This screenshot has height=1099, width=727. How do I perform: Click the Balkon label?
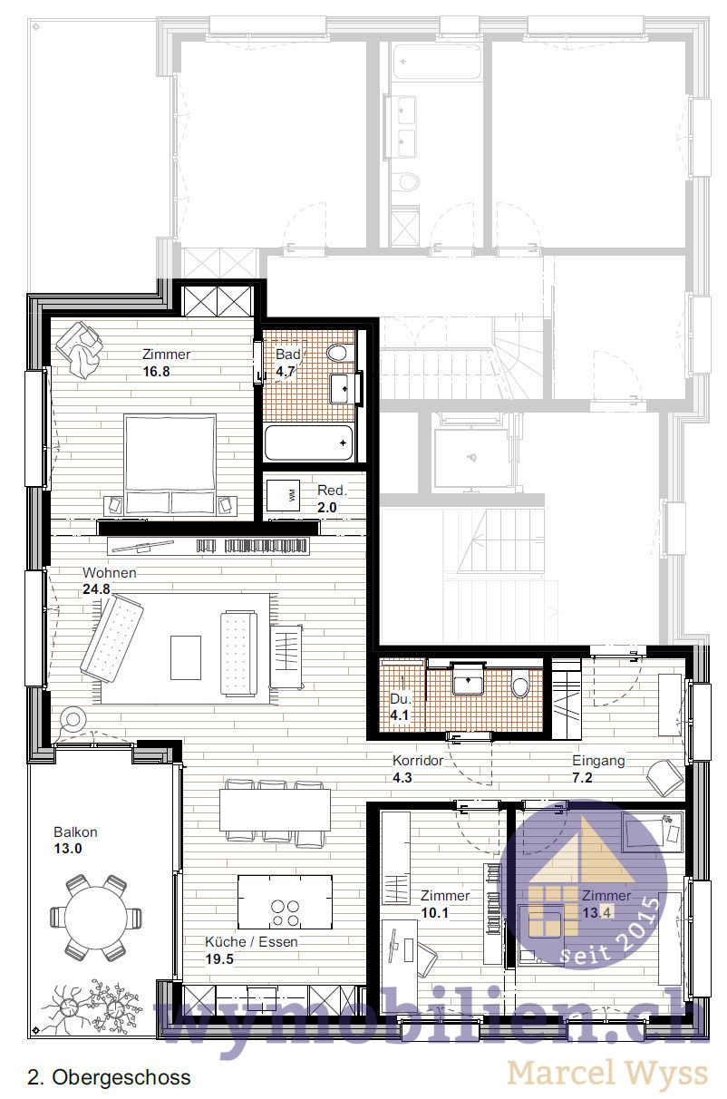(x=75, y=832)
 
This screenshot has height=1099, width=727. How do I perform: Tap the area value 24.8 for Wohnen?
(x=95, y=589)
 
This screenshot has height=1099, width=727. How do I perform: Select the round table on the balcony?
(x=96, y=917)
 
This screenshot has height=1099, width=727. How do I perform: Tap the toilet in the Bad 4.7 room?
(x=339, y=353)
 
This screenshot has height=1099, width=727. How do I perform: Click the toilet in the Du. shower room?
(x=520, y=686)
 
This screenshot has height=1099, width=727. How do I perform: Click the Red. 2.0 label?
(x=331, y=499)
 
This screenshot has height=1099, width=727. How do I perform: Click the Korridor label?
(x=418, y=761)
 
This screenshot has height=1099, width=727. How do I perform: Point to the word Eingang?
(x=598, y=761)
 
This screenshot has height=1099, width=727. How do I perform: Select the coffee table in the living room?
(x=186, y=656)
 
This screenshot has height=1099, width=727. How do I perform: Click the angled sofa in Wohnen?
(x=111, y=639)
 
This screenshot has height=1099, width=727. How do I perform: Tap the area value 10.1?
(x=435, y=913)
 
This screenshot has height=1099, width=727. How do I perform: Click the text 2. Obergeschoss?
(x=110, y=1077)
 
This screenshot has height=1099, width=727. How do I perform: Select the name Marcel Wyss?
(x=607, y=1074)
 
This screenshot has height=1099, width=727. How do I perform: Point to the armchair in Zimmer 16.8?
(x=81, y=348)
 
